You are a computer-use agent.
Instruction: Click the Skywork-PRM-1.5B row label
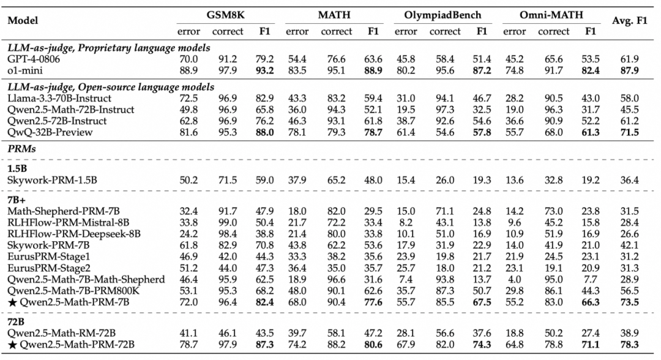pos(53,179)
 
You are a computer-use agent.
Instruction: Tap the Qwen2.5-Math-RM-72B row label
pos(62,332)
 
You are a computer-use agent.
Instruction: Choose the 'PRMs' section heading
pos(21,148)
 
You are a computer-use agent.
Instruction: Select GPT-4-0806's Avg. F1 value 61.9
pos(630,59)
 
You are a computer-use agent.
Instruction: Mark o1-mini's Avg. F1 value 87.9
pos(630,70)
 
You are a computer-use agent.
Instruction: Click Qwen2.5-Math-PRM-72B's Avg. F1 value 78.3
pos(630,344)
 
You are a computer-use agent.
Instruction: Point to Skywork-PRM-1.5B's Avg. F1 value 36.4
pos(630,179)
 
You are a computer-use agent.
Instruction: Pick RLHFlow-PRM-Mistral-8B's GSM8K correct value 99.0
pos(231,222)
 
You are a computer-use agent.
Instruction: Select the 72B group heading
pos(16,321)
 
